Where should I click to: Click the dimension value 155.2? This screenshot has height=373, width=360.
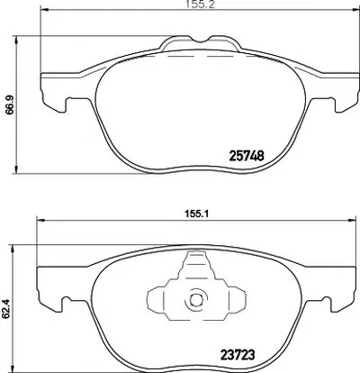click(x=200, y=5)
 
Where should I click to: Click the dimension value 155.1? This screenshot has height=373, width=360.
click(x=197, y=214)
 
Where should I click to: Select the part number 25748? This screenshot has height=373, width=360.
click(x=247, y=156)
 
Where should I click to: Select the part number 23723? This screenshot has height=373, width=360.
click(x=238, y=355)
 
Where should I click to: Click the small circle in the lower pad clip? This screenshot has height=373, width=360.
click(x=196, y=300)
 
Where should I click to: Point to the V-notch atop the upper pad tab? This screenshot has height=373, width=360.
click(x=201, y=41)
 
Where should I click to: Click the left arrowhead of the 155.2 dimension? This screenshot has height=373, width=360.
click(x=44, y=10)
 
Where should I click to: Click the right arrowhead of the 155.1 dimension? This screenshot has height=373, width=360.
click(x=352, y=220)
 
